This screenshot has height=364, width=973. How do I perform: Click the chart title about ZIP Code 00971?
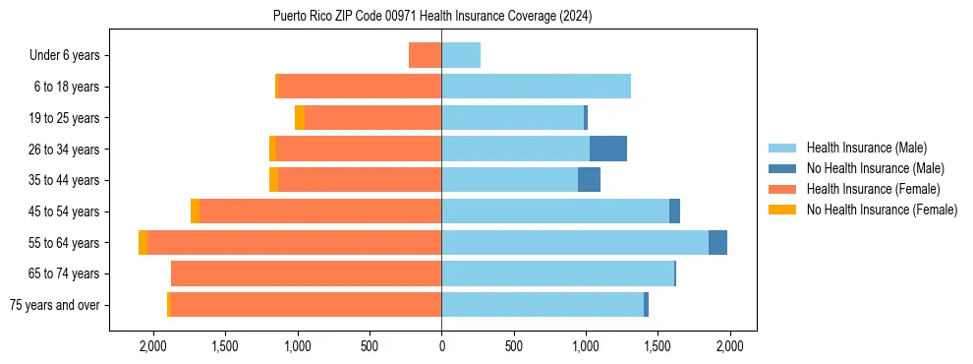[432, 17]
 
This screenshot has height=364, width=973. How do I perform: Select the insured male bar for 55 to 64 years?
[575, 242]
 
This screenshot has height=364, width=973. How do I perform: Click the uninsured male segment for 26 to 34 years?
[608, 149]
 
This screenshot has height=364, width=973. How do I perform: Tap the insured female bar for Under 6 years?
[425, 55]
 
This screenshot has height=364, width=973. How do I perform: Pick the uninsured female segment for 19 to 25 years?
[300, 118]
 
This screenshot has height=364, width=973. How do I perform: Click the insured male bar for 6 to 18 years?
[536, 87]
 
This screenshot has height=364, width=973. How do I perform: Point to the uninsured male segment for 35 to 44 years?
[589, 180]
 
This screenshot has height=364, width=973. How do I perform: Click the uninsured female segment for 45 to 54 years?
[195, 212]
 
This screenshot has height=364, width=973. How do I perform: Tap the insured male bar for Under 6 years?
[461, 55]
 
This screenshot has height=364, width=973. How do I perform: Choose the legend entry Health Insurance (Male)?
[866, 148]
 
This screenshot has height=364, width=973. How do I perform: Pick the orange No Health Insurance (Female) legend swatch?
[782, 210]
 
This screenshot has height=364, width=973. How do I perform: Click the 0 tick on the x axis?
[441, 346]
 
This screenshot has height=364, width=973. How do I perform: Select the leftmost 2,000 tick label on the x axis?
[152, 346]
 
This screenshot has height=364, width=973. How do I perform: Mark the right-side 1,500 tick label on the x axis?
[658, 346]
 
